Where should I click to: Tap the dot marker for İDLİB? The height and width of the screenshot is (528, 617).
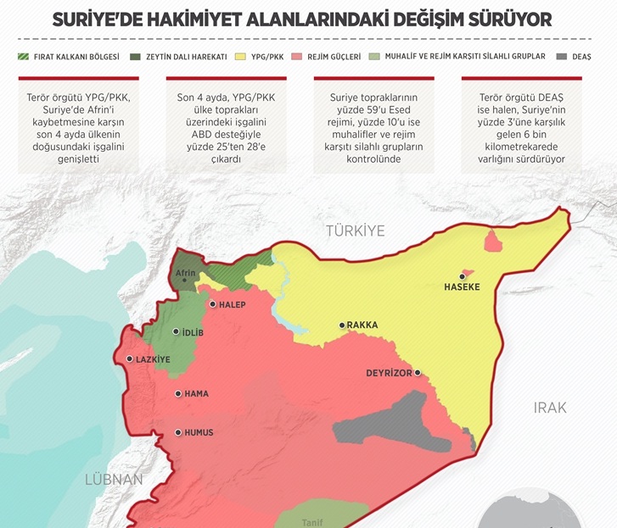pyautogui.click(x=176, y=332)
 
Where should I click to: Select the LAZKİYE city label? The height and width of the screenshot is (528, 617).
pyautogui.click(x=154, y=359)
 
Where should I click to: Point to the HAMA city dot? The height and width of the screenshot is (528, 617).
pyautogui.click(x=177, y=393)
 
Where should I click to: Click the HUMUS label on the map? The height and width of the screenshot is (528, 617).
pyautogui.click(x=199, y=432)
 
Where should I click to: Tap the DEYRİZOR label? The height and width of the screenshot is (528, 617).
pyautogui.click(x=389, y=373)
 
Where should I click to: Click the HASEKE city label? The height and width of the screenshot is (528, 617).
pyautogui.click(x=462, y=287)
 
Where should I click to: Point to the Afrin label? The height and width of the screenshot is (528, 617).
pyautogui.click(x=186, y=274)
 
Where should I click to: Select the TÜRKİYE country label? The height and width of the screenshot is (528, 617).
pyautogui.click(x=356, y=231)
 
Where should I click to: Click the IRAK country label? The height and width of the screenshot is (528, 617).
pyautogui.click(x=549, y=408)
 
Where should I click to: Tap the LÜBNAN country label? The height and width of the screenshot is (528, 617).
pyautogui.click(x=114, y=480)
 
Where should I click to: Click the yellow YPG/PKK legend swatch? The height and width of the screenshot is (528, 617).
pyautogui.click(x=241, y=57)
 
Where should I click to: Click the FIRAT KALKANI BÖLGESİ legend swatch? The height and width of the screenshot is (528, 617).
pyautogui.click(x=24, y=57)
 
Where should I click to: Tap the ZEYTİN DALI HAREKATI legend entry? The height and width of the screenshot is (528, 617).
pyautogui.click(x=180, y=57)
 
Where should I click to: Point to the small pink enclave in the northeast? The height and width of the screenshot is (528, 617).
pyautogui.click(x=491, y=242)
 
